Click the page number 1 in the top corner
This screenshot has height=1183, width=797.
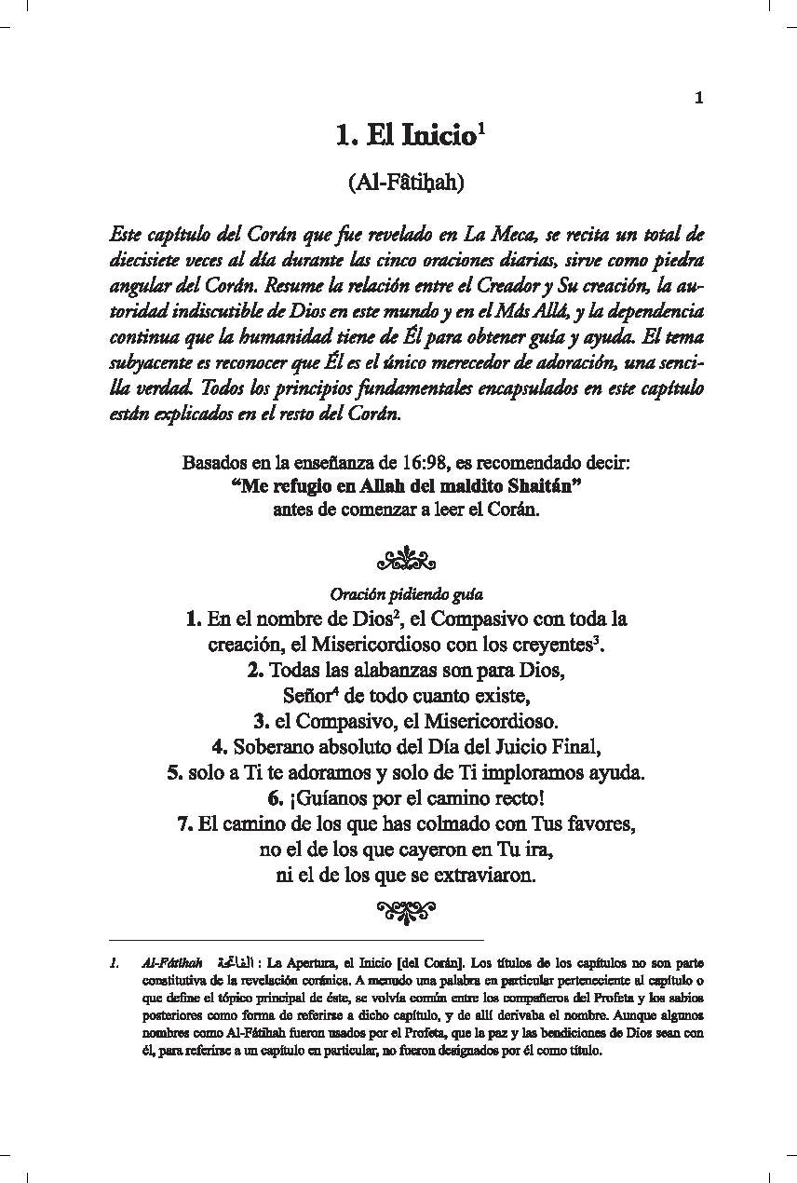[699, 97]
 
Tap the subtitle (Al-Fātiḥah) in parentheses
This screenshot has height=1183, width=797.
[405, 183]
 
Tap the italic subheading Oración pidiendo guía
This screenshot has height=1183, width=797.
[406, 593]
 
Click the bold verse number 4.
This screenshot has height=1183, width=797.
[220, 746]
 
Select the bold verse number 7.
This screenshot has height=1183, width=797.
[184, 823]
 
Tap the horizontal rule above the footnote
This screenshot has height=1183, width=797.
[296, 940]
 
